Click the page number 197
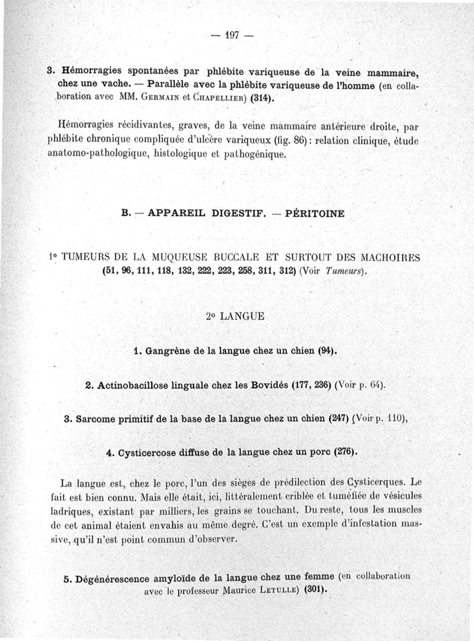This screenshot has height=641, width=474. (232, 36)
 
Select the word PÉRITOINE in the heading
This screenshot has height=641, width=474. (315, 214)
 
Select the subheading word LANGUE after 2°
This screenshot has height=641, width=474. (242, 316)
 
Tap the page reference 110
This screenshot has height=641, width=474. (396, 419)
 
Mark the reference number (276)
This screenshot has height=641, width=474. (344, 453)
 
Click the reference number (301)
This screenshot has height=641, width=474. (314, 590)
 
